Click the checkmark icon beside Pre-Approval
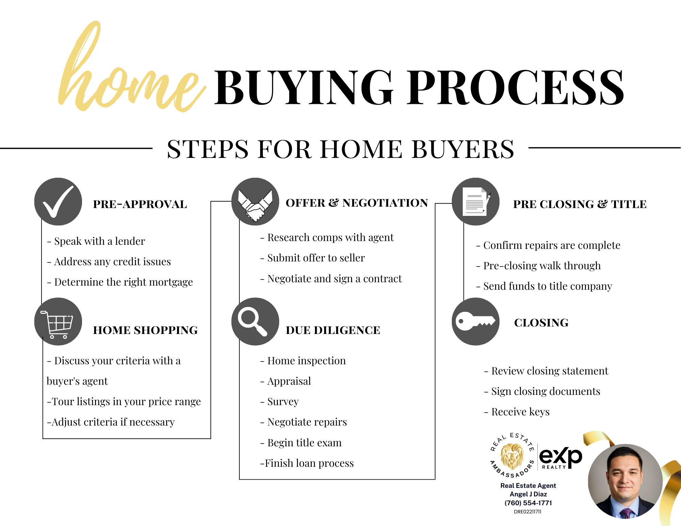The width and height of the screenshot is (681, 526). [58, 202]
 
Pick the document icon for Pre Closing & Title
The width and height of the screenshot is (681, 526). [476, 202]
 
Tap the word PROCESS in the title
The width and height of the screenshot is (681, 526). [516, 87]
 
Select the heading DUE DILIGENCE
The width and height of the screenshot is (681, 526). [333, 330]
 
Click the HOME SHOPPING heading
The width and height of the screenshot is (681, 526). [145, 330]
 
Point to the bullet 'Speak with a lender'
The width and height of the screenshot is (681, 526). [96, 241]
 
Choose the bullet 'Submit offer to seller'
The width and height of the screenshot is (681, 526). [313, 258]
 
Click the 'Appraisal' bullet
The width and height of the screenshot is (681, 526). [286, 381]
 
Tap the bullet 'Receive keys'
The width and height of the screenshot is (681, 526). [517, 412]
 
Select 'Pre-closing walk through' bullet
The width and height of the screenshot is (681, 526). [538, 266]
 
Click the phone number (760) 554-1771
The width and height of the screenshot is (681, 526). [528, 503]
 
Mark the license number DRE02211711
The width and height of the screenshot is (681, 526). [527, 512]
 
